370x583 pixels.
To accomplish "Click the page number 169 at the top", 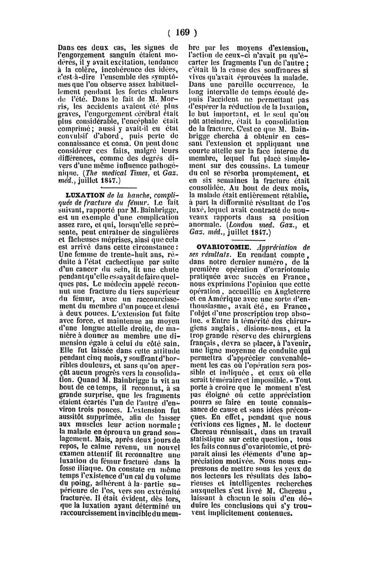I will [183, 32].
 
